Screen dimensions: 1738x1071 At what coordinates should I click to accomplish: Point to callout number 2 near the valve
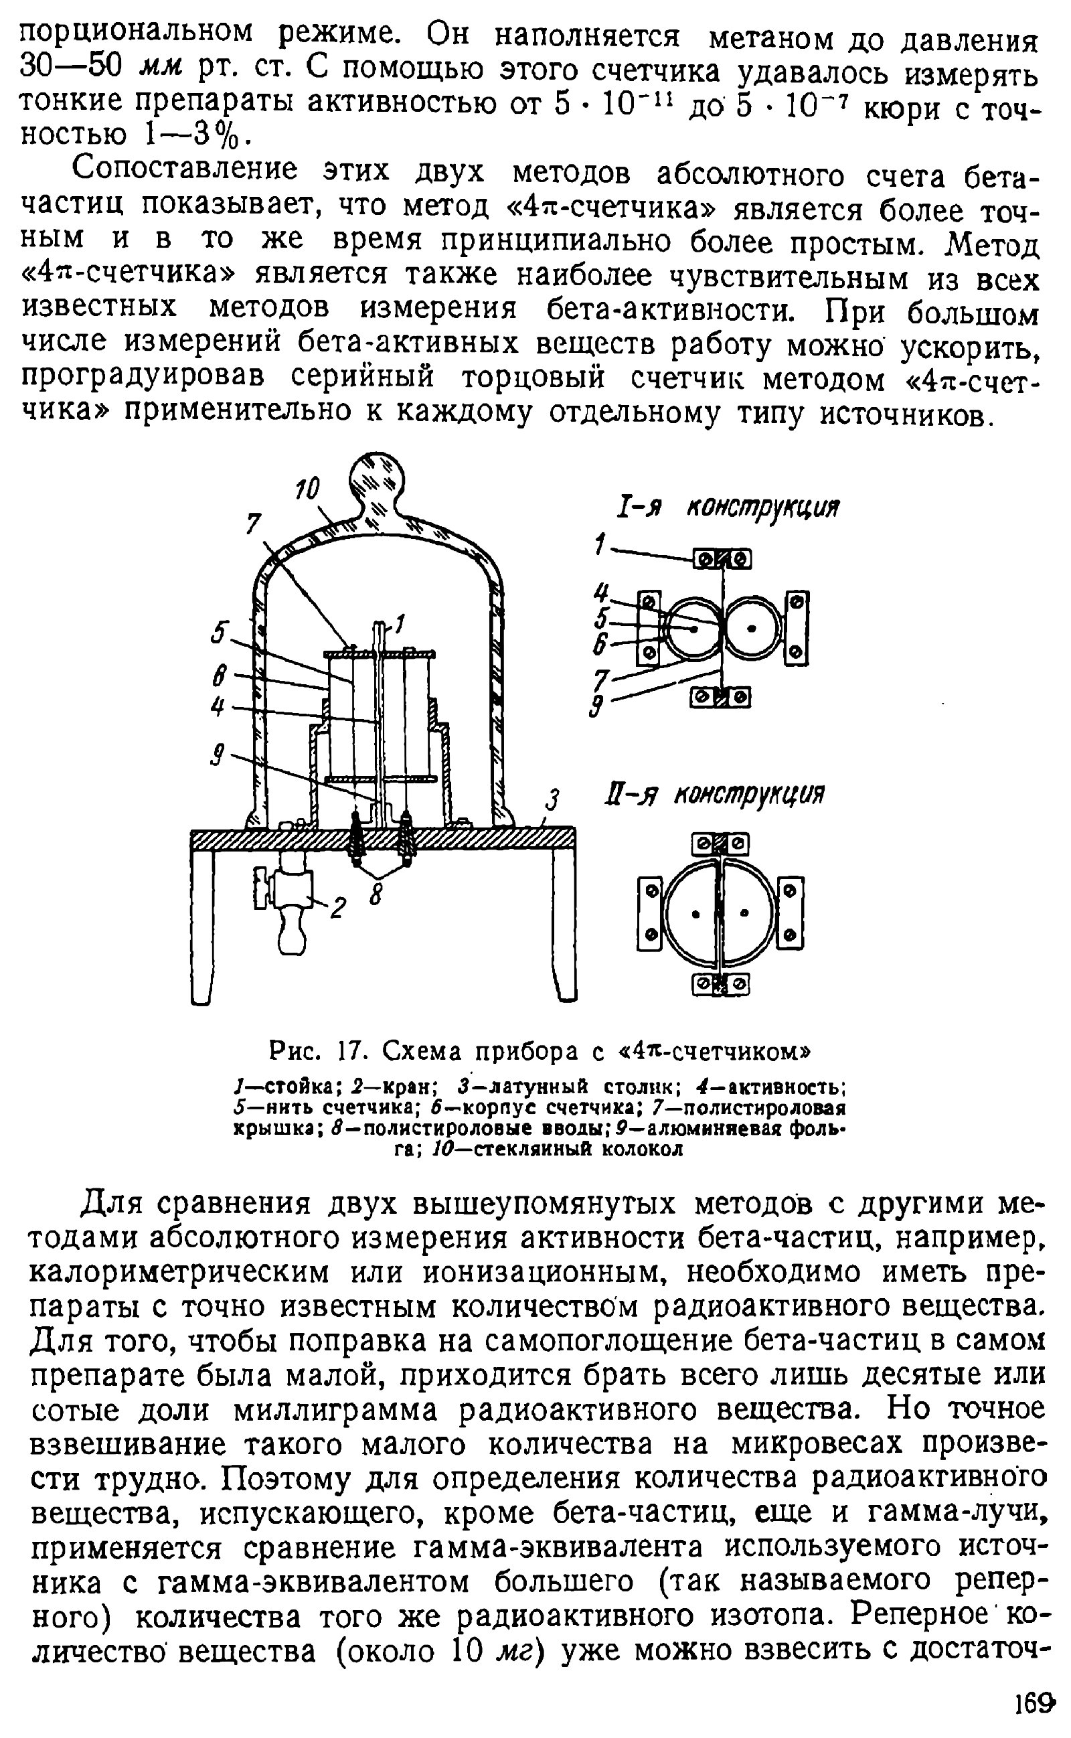[x=338, y=907]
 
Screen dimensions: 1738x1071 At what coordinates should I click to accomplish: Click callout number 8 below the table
[x=376, y=896]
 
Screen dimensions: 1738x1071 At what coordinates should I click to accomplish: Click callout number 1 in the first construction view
[x=600, y=546]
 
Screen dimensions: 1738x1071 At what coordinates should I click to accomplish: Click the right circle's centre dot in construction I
[x=752, y=628]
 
